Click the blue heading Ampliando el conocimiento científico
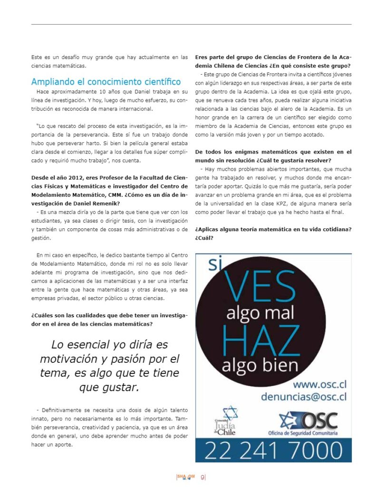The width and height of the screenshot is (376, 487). [x=106, y=81]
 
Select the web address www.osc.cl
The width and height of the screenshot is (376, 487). [x=319, y=384]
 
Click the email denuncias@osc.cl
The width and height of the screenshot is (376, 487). [x=303, y=396]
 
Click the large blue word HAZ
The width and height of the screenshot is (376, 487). [x=261, y=340]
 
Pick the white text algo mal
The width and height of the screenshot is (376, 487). [x=260, y=312]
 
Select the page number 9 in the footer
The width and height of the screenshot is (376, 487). [x=203, y=477]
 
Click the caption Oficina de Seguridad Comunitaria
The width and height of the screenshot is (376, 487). [x=309, y=434]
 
